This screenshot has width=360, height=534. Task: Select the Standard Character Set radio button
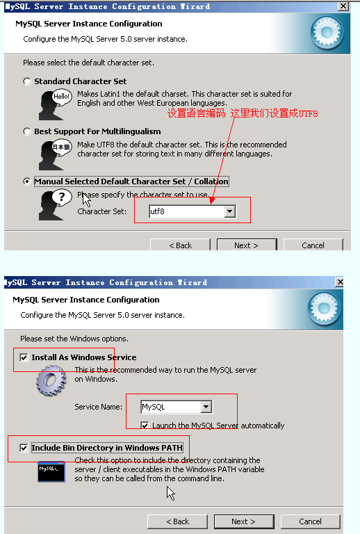(x=27, y=81)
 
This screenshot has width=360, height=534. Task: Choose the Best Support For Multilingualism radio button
(x=27, y=131)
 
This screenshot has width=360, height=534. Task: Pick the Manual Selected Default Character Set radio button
(x=27, y=181)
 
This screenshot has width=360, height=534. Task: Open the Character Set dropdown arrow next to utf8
(x=230, y=211)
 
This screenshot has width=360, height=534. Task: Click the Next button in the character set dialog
(x=247, y=245)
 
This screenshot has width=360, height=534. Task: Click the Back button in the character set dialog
(x=180, y=245)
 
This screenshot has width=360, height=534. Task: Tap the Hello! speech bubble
(x=62, y=97)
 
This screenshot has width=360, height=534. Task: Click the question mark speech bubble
(x=62, y=197)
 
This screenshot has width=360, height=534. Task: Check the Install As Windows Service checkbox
(x=24, y=357)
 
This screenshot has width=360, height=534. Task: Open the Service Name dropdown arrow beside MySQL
(x=206, y=407)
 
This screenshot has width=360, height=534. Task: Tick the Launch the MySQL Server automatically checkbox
(x=145, y=426)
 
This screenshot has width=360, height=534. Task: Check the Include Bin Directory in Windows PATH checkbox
(x=24, y=448)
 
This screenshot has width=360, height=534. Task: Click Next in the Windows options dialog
(x=244, y=521)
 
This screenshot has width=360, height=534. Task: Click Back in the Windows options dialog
(x=178, y=521)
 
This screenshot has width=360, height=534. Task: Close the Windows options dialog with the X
(x=340, y=282)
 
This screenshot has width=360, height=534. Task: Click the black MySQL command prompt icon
(x=51, y=471)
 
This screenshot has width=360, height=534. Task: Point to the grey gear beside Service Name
(x=51, y=380)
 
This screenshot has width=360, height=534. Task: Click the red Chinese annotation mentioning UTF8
(x=243, y=113)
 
